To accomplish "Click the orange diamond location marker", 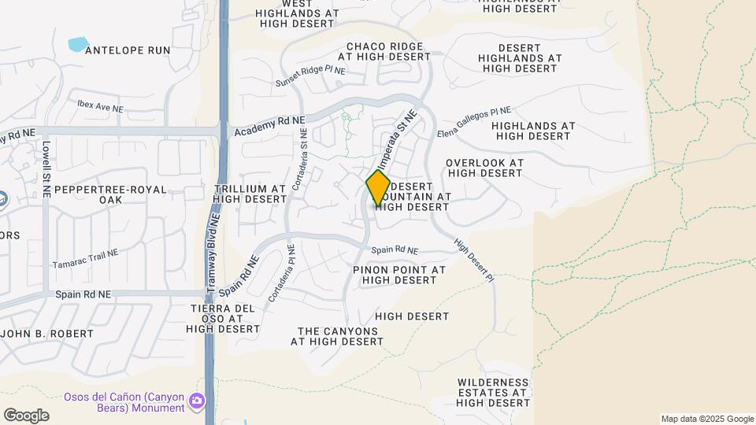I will (x=379, y=188).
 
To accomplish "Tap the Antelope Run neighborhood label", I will (x=127, y=50).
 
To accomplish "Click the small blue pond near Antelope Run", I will (x=78, y=44).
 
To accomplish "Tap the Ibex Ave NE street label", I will (x=101, y=105).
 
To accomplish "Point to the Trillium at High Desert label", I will (x=250, y=194).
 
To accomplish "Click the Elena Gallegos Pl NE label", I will (x=474, y=120).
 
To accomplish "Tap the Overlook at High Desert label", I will (x=484, y=168).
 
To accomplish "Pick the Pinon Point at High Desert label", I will (x=399, y=275).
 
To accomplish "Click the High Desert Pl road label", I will (x=475, y=261).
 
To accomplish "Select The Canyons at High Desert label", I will (x=337, y=336).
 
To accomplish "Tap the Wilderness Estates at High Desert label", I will (x=493, y=392).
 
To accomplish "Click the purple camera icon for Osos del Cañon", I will (x=197, y=401).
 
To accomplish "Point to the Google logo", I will (x=26, y=415).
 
